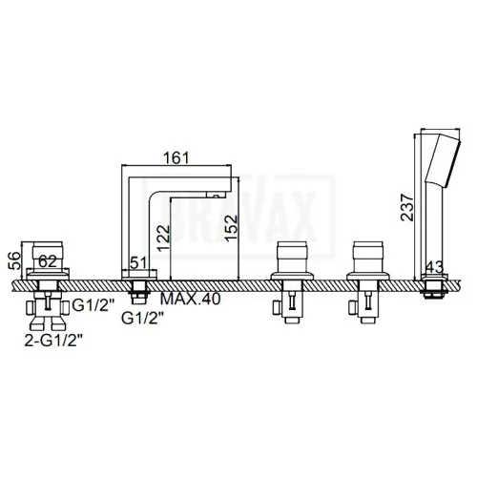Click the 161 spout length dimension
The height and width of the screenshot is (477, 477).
176,158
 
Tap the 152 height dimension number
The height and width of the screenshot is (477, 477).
231,228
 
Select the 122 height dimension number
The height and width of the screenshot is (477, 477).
165,238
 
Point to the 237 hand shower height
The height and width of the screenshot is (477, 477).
407,207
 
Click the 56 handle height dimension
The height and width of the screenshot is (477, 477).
14,260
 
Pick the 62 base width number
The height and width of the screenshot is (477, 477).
48,261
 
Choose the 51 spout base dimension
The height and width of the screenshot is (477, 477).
138,262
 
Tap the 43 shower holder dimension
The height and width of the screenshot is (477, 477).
434,267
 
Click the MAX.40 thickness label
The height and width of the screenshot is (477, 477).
190,299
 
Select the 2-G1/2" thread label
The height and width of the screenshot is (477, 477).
53,342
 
